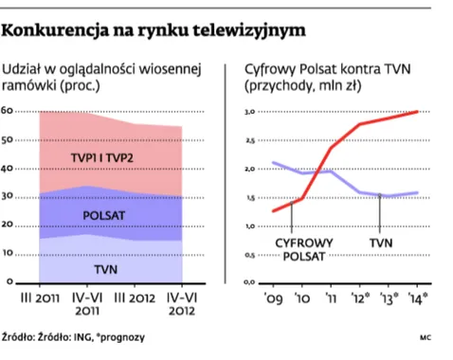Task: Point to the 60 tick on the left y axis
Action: (9, 111)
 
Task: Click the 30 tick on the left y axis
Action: (9, 197)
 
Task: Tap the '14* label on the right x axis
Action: (417, 298)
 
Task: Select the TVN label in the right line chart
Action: (380, 243)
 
